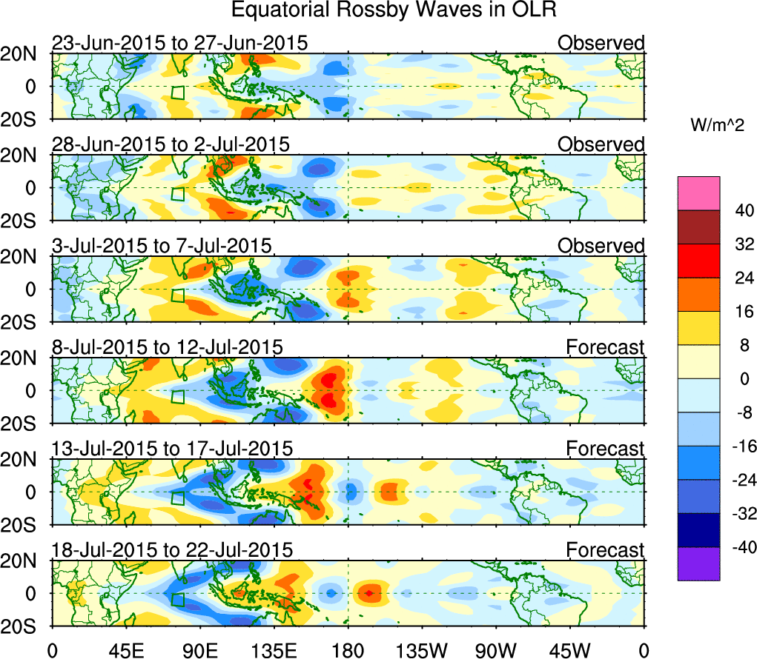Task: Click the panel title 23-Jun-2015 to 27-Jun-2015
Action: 179,43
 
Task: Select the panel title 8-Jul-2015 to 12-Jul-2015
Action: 167,347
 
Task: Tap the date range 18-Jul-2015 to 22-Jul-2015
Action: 172,549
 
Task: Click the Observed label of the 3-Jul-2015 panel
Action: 601,246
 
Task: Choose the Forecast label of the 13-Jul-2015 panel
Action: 606,448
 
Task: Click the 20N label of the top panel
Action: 24,54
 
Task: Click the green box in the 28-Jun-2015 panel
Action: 177,194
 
